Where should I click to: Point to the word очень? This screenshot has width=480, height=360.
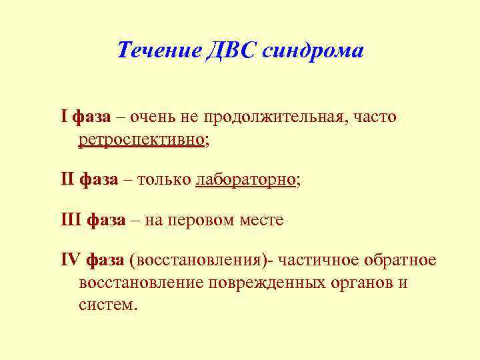coord(153,117)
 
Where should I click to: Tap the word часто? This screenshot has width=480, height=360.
coord(375,117)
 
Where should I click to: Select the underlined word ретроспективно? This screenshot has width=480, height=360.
coord(141,140)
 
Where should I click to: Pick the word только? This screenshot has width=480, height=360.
coord(165,179)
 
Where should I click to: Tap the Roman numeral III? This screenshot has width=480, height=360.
coord(71,219)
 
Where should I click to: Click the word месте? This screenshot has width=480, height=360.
coord(261,219)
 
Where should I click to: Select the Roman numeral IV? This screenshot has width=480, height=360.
coord(70,259)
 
